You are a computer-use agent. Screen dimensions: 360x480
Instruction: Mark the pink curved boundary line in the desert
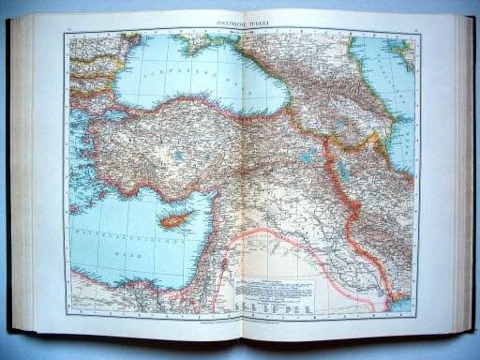pyautogui.click(x=281, y=240)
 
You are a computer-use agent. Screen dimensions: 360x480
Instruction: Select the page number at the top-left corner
pyautogui.click(x=71, y=31)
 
